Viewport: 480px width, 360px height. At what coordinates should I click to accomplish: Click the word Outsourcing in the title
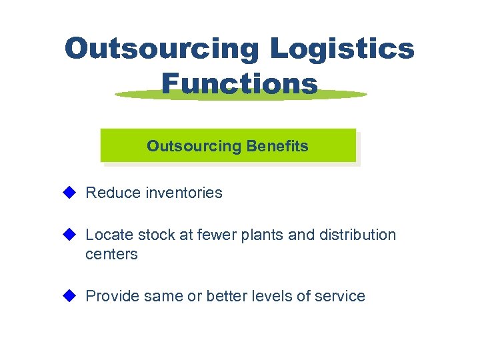[x=162, y=49]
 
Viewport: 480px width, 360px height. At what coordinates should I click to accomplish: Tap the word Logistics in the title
[x=343, y=49]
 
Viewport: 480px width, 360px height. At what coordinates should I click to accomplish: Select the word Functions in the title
[x=239, y=84]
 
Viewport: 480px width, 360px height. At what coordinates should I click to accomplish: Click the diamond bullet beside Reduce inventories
[x=69, y=193]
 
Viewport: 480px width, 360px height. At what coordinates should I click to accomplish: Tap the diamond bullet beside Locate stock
[x=69, y=234]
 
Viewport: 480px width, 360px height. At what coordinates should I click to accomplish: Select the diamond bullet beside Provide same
[x=69, y=295]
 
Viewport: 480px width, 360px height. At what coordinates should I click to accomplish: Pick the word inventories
[x=181, y=193]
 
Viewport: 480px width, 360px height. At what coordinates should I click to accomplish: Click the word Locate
[x=109, y=235]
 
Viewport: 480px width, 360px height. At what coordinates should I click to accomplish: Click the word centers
[x=111, y=255]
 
